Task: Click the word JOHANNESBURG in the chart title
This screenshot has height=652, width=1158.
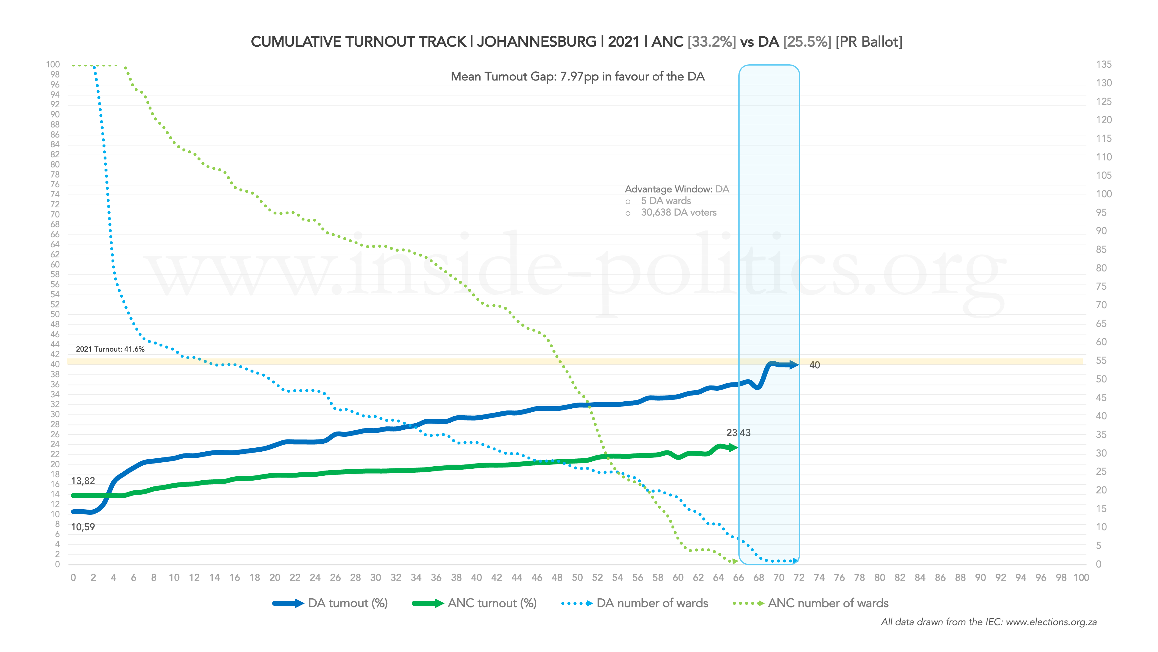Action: pyautogui.click(x=536, y=42)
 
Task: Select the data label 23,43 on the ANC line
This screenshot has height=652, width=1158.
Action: pyautogui.click(x=738, y=433)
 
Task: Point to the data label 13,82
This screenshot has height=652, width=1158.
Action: pyautogui.click(x=83, y=481)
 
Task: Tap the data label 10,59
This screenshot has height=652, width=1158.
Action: pyautogui.click(x=83, y=527)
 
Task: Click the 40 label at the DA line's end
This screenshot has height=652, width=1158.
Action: pyautogui.click(x=814, y=365)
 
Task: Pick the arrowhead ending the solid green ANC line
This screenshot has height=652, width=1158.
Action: pyautogui.click(x=734, y=448)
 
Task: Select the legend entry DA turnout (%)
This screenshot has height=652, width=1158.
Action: pyautogui.click(x=347, y=604)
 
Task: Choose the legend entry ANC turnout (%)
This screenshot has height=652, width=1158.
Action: pyautogui.click(x=492, y=604)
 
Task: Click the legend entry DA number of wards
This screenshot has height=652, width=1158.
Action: pyautogui.click(x=652, y=604)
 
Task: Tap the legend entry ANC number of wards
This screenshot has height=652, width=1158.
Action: pyautogui.click(x=828, y=604)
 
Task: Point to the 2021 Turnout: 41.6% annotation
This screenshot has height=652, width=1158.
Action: pyautogui.click(x=110, y=349)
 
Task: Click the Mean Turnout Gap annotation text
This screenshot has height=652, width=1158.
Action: pyautogui.click(x=578, y=77)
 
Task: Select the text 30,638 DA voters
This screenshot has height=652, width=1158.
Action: pyautogui.click(x=678, y=212)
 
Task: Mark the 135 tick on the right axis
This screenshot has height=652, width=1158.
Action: pyautogui.click(x=1104, y=64)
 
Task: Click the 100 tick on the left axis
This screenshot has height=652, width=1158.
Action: pyautogui.click(x=53, y=64)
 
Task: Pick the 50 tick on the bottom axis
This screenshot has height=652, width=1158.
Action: pyautogui.click(x=577, y=578)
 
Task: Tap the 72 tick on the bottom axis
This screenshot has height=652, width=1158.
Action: pyautogui.click(x=799, y=578)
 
